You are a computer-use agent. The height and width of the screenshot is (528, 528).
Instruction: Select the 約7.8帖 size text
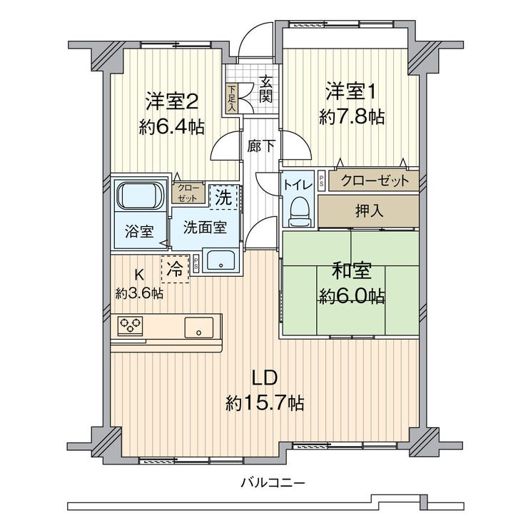pyautogui.click(x=352, y=117)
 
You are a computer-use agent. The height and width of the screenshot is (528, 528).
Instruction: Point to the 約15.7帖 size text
pyautogui.click(x=265, y=402)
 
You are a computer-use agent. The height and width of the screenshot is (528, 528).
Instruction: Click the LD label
pyautogui.click(x=265, y=378)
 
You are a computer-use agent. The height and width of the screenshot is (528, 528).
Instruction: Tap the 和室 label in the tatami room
pyautogui.click(x=352, y=270)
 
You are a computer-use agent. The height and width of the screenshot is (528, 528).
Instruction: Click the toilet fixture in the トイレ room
pyautogui.click(x=298, y=210)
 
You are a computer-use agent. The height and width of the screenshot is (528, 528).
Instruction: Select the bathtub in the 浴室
pyautogui.click(x=141, y=196)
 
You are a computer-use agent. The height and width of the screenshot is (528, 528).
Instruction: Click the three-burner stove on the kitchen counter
pyautogui.click(x=131, y=325)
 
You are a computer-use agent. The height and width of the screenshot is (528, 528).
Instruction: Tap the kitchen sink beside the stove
pyautogui.click(x=198, y=328)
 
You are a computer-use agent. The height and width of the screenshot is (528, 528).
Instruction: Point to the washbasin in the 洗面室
pyautogui.click(x=221, y=260)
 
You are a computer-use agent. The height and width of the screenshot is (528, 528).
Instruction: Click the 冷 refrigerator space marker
pyautogui.click(x=175, y=269)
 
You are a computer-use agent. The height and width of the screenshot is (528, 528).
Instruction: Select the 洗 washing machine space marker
pyautogui.click(x=223, y=197)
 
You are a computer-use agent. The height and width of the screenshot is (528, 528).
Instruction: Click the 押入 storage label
pyautogui.click(x=369, y=211)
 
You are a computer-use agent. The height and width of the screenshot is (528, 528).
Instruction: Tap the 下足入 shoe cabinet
pyautogui.click(x=232, y=98)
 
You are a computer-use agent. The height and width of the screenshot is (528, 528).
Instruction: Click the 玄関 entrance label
pyautogui.click(x=265, y=90)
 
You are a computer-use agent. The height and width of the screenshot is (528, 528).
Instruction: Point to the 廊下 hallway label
pyautogui.click(x=261, y=146)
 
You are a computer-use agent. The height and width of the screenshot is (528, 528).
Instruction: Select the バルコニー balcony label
pyautogui.click(x=273, y=483)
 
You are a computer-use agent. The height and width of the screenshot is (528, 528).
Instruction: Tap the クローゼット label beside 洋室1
pyautogui.click(x=375, y=181)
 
